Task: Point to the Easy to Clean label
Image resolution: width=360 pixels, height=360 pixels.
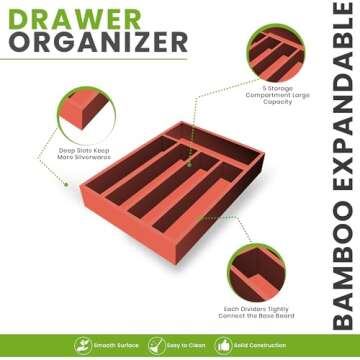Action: pos(186,345)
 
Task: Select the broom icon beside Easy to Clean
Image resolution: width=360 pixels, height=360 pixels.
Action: pos(155,345)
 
